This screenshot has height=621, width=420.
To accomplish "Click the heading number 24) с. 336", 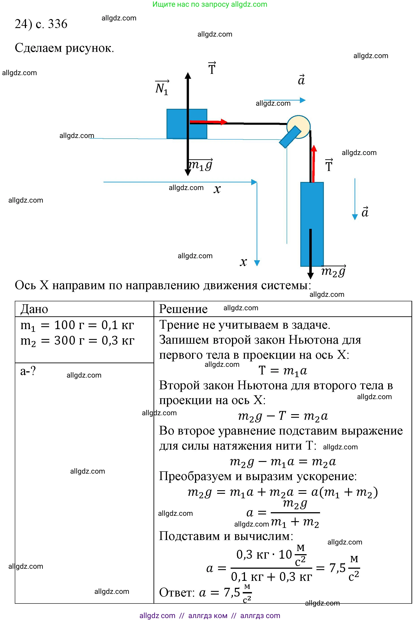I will pyautogui.click(x=41, y=24).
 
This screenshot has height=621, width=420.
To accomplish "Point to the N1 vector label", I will pyautogui.click(x=162, y=88).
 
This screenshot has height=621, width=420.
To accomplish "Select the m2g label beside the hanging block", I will pyautogui.click(x=333, y=271).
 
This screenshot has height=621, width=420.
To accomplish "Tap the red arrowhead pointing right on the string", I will pyautogui.click(x=224, y=122).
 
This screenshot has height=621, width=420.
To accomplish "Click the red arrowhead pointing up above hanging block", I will pyautogui.click(x=314, y=149).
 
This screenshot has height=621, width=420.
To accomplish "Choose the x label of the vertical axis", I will pyautogui.click(x=243, y=262).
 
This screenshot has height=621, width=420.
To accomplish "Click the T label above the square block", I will pyautogui.click(x=212, y=68).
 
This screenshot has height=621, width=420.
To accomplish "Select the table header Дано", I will pyautogui.click(x=34, y=309).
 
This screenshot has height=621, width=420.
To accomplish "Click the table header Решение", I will pyautogui.click(x=183, y=309).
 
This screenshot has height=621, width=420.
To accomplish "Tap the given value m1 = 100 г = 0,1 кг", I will pyautogui.click(x=77, y=326).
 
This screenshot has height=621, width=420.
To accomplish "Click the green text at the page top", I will pyautogui.click(x=210, y=4).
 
